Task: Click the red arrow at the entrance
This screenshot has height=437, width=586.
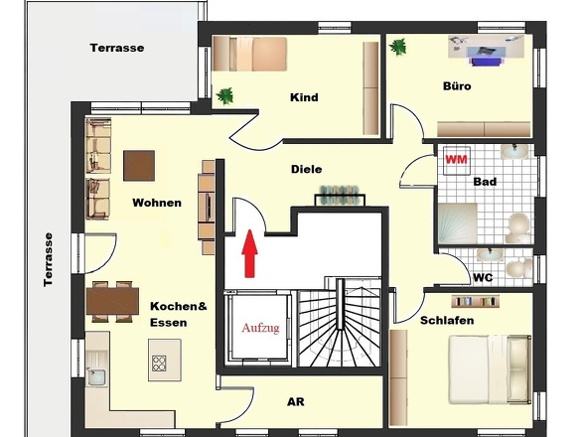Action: pyautogui.click(x=249, y=254)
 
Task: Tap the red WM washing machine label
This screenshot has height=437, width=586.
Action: pyautogui.click(x=456, y=160)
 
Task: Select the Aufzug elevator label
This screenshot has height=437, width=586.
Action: pyautogui.click(x=260, y=328)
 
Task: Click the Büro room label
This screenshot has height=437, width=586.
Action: pyautogui.click(x=457, y=86)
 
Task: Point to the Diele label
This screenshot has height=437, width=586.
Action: pyautogui.click(x=307, y=169)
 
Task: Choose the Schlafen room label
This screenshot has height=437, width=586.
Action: pyautogui.click(x=447, y=321)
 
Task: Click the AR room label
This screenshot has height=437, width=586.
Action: pyautogui.click(x=296, y=402)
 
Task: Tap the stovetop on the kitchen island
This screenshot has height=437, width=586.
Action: pyautogui.click(x=159, y=363)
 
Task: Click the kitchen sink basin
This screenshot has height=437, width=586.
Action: pyautogui.click(x=96, y=376)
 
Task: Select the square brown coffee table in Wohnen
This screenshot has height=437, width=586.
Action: pyautogui.click(x=139, y=166)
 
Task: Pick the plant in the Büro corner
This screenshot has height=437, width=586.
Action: pyautogui.click(x=397, y=47)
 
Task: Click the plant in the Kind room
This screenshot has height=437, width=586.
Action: pyautogui.click(x=225, y=96)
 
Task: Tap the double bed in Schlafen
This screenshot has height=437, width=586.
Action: pyautogui.click(x=490, y=369)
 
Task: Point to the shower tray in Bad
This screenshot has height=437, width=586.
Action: pyautogui.click(x=458, y=223)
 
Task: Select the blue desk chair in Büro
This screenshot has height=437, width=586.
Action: pyautogui.click(x=485, y=62)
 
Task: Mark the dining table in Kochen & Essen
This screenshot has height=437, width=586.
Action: pyautogui.click(x=112, y=301)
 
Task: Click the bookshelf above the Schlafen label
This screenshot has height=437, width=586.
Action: pyautogui.click(x=476, y=301)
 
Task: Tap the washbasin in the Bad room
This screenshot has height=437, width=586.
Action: pyautogui.click(x=514, y=151)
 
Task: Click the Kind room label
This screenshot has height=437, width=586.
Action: pyautogui.click(x=304, y=97)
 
